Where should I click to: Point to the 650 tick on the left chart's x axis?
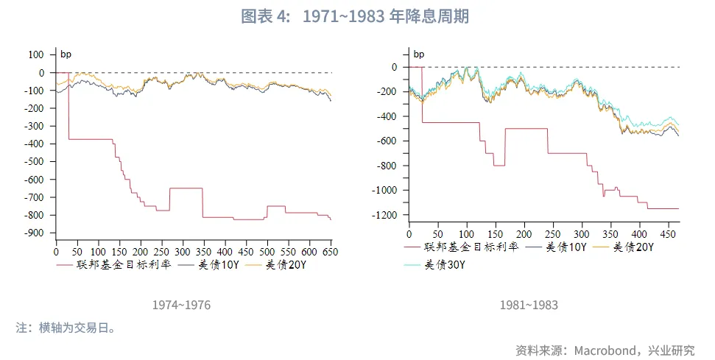coord(331,252)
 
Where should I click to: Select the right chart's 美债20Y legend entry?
coord(633,247)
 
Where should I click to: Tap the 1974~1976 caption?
coord(181,305)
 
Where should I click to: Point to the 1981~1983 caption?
coord(529,305)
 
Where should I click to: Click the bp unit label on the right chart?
coord(418,54)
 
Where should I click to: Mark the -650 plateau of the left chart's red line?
coord(186,188)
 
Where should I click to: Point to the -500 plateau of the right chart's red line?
coord(526,128)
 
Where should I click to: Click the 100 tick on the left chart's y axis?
coord(37,54)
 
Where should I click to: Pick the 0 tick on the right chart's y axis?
coord(395,67)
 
